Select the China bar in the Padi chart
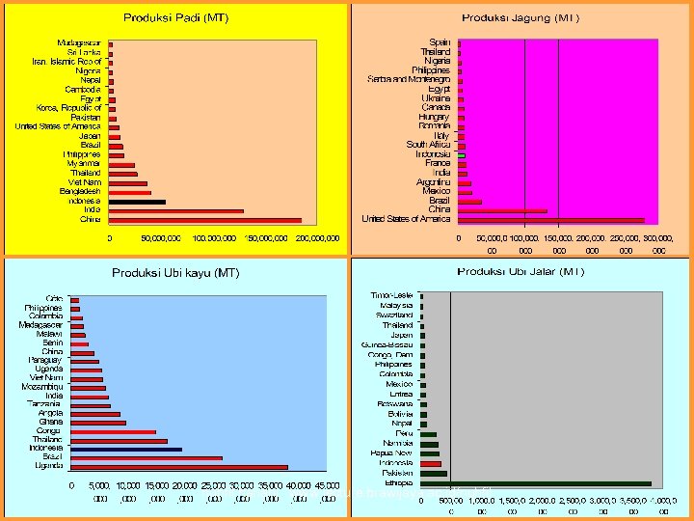tap(204, 219)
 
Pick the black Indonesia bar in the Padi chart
tap(137, 202)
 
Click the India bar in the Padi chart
tap(175, 210)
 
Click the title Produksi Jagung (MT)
tap(520, 17)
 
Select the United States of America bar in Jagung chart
tap(550, 219)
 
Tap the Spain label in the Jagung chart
tap(440, 42)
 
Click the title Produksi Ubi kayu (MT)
tap(175, 273)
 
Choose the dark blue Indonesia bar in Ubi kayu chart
tap(125, 450)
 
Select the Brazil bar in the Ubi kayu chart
tap(146, 458)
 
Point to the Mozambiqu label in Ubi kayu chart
tap(43, 387)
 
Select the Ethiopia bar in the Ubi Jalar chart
tap(535, 483)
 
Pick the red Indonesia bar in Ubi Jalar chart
tap(430, 464)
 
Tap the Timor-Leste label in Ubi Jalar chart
tap(392, 294)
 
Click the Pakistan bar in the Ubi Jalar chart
tap(433, 474)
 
